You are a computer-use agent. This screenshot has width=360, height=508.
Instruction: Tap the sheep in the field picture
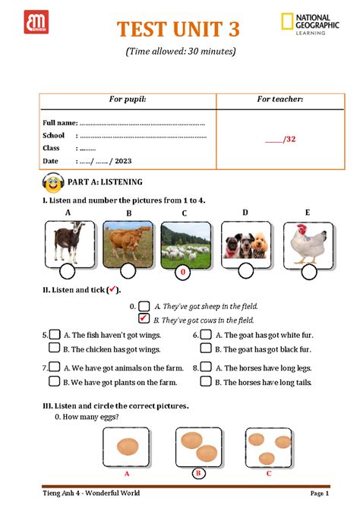point(185,244)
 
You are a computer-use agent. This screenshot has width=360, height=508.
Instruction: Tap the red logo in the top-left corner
point(36,23)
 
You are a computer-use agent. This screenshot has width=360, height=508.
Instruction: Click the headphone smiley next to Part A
point(54,183)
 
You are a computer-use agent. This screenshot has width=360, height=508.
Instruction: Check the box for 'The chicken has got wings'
point(55,349)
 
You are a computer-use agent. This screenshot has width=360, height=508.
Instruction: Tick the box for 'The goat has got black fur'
point(205,349)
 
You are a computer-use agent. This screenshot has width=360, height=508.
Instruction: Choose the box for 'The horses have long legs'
point(205,366)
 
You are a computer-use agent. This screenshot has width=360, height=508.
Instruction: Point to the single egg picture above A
point(125,448)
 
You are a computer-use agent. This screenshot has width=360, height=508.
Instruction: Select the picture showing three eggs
point(268,448)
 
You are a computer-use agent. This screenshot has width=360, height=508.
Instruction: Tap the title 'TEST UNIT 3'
point(177,30)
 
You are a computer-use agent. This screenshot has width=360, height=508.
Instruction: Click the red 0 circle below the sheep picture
point(182,272)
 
